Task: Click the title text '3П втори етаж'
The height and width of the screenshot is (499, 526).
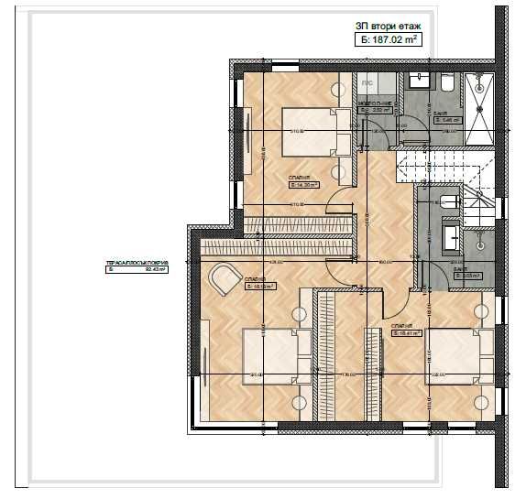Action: coord(389,27)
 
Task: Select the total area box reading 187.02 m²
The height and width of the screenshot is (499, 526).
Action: coord(389,40)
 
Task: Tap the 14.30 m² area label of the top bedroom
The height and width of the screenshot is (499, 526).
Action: coord(305,185)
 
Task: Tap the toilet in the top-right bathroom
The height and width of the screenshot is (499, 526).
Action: coord(446,85)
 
